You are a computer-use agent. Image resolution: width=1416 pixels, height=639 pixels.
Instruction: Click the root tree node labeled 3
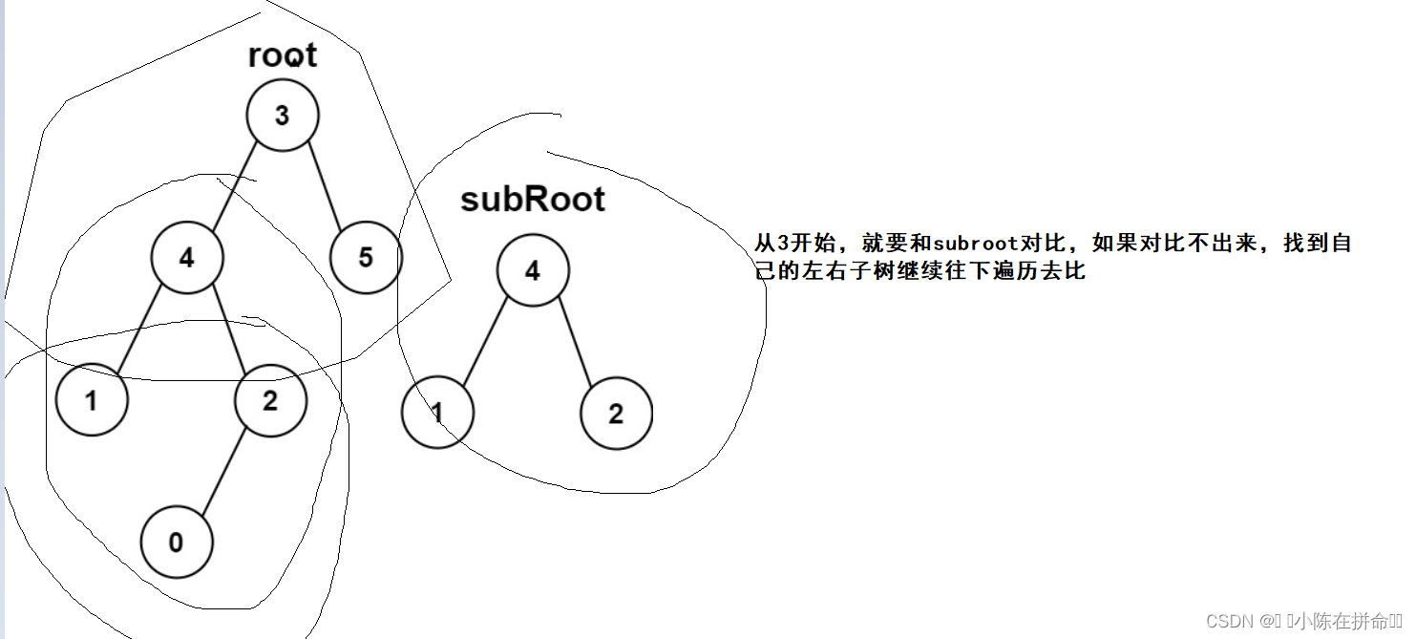[283, 116]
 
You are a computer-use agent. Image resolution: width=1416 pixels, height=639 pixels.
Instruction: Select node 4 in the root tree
[187, 258]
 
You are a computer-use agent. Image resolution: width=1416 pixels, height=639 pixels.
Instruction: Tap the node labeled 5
[366, 258]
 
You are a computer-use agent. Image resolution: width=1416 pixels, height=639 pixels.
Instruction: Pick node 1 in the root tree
[92, 400]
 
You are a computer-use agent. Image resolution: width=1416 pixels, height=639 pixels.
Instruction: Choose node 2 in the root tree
[270, 400]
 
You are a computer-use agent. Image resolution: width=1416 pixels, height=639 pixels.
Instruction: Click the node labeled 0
[177, 543]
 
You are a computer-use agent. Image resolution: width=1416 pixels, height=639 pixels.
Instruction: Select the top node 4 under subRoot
[533, 270]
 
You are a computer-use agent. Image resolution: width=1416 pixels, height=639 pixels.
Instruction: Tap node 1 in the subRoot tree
[437, 413]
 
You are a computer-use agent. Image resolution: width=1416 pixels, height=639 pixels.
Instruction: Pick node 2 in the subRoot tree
[617, 414]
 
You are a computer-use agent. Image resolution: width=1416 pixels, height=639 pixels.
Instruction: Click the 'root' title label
[283, 55]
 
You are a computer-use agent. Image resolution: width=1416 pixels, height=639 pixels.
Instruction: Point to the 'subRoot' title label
[533, 200]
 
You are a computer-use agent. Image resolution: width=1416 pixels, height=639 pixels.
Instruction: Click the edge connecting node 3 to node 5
[325, 186]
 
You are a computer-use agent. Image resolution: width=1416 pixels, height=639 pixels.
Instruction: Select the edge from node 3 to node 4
[235, 186]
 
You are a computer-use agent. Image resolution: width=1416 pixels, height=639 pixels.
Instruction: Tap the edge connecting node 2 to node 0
[223, 471]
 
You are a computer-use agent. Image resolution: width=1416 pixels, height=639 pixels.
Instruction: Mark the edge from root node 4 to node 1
[139, 329]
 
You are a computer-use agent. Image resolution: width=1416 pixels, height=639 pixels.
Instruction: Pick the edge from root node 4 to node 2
[229, 329]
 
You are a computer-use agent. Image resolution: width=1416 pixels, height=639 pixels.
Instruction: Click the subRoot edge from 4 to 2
[575, 342]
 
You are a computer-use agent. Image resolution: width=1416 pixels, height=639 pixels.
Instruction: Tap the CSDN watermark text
[1304, 621]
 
